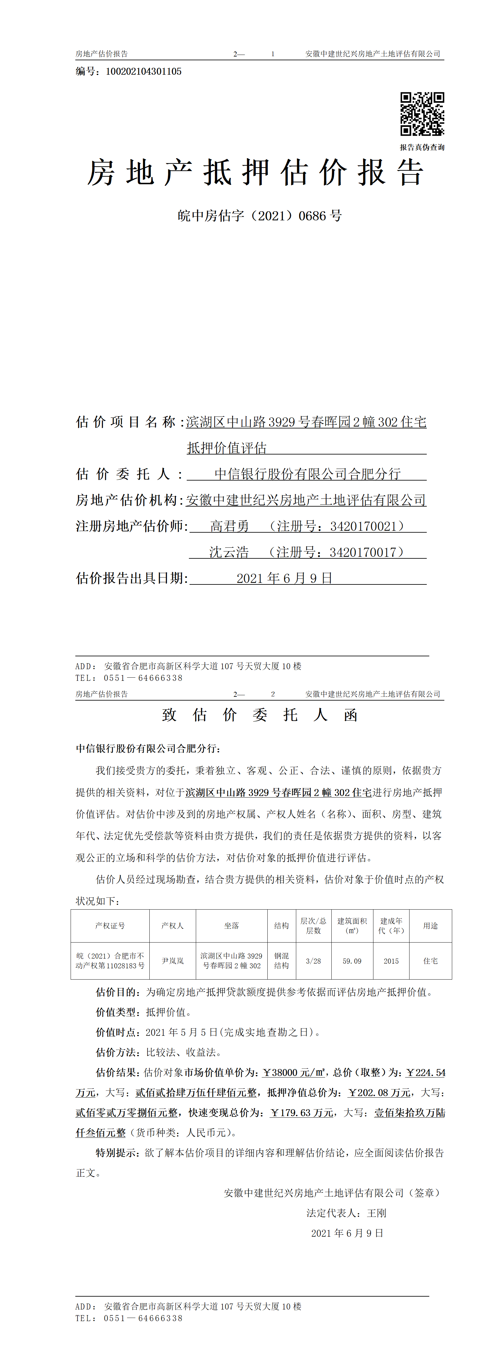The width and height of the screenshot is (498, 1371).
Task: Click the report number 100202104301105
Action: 144,71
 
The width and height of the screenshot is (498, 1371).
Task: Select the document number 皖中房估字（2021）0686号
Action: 260,216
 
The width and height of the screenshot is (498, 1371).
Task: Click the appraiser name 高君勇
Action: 229,526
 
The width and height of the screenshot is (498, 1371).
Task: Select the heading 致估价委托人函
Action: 260,715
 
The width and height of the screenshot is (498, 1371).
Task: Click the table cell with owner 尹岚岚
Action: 172,961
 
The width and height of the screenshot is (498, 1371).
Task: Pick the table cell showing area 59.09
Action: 352,961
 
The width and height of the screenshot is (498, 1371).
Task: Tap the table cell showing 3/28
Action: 313,961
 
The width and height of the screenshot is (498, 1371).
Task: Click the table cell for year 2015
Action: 391,961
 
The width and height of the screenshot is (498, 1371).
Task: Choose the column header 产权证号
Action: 110,926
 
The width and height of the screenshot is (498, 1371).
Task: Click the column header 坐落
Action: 232,926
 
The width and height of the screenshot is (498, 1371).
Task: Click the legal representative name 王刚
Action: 377,1213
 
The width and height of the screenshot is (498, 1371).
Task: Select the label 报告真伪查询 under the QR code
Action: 422,148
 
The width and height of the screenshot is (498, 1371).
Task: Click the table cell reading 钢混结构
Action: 281,961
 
